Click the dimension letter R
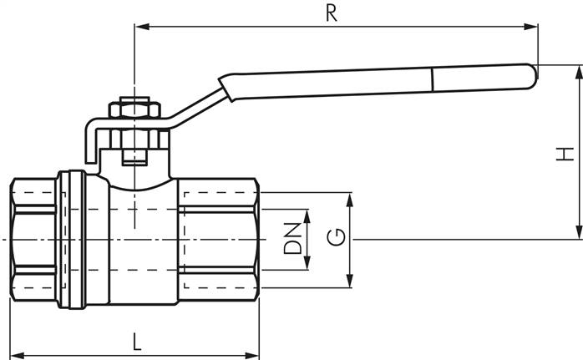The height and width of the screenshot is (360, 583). pos(332,14)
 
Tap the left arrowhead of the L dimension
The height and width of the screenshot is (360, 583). pos(14,353)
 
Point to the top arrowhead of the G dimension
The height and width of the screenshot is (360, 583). pos(350,197)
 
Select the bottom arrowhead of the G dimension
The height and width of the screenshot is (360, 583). pos(350,283)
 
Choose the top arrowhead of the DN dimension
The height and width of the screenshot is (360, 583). pos(307,215)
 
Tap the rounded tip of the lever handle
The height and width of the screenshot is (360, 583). pos(530,76)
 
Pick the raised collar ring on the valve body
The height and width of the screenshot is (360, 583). pos(72,239)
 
